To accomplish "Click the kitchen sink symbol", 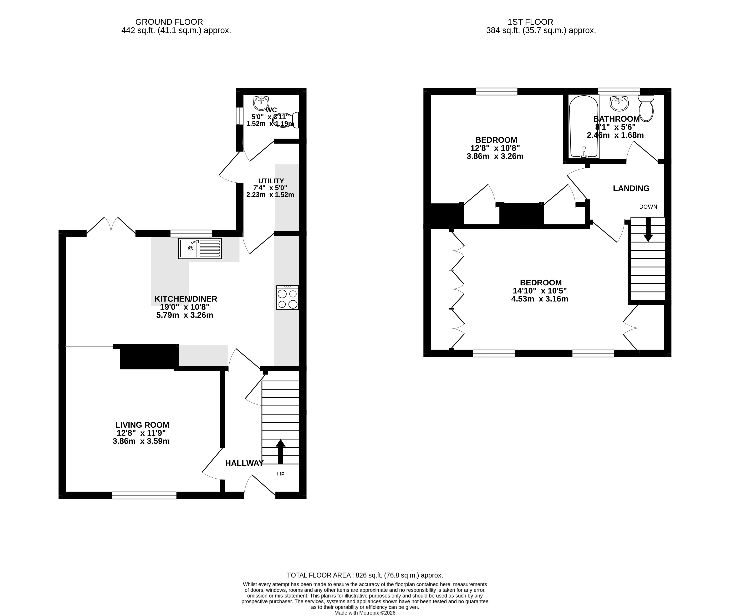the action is (x=200, y=248).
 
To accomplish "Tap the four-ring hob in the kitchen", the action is (x=287, y=297).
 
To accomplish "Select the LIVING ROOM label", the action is (x=142, y=425).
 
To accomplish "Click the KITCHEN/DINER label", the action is (x=186, y=299).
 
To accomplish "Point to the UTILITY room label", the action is (x=271, y=181).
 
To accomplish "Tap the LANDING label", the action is (x=631, y=188).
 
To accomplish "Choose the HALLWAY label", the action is (x=244, y=463).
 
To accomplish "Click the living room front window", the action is (x=144, y=495).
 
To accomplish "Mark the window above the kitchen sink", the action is (x=191, y=233).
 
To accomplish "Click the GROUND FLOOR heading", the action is (x=169, y=22).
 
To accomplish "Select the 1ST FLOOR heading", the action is (x=530, y=22).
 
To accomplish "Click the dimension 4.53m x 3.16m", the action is (x=540, y=299).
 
